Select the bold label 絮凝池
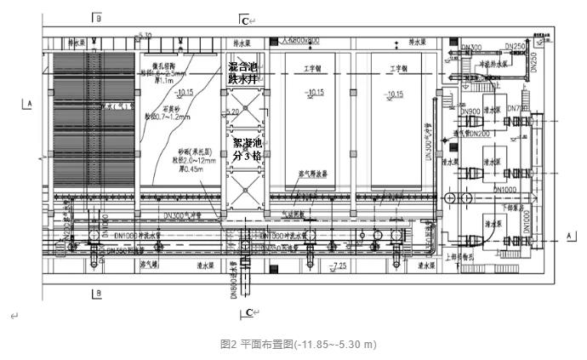(248, 143)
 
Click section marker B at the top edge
(97, 17)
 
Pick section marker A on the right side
(567, 233)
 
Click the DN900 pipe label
(470, 111)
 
